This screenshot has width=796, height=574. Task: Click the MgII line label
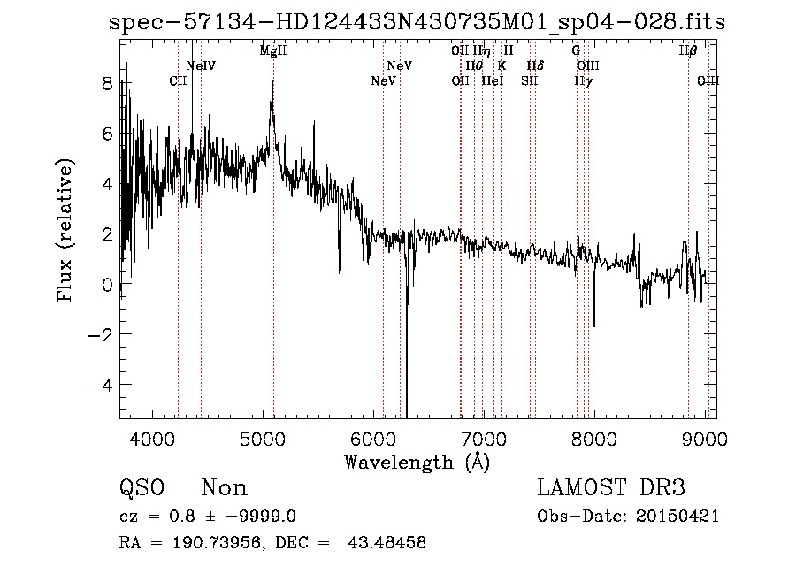click(x=272, y=51)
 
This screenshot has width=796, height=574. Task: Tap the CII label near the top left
click(x=178, y=81)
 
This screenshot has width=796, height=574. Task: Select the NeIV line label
click(x=201, y=66)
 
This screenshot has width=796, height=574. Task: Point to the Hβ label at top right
click(x=688, y=51)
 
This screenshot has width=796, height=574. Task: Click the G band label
click(x=576, y=51)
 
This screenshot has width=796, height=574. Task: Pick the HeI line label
click(x=492, y=81)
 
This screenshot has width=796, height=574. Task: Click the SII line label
click(x=529, y=81)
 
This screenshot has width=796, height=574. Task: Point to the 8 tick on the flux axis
click(x=107, y=85)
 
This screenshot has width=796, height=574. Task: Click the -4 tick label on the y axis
click(x=102, y=385)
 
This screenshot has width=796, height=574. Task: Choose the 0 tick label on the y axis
click(x=107, y=285)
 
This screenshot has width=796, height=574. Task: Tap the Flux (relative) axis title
click(x=66, y=230)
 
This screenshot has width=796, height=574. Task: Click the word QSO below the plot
click(x=141, y=488)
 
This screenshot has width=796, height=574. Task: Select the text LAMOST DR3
click(x=611, y=488)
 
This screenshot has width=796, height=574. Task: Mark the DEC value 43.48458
click(x=389, y=543)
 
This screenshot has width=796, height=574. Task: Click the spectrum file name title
click(x=417, y=22)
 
